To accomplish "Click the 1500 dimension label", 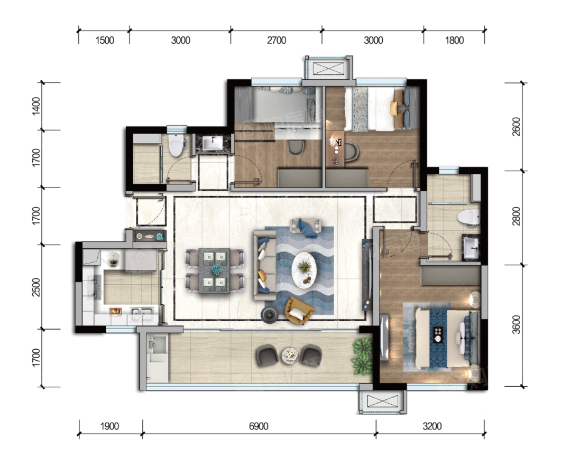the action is click(x=105, y=40).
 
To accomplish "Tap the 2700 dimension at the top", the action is click(x=277, y=40).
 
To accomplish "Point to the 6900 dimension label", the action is click(x=259, y=426).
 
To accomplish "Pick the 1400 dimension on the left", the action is click(x=36, y=106).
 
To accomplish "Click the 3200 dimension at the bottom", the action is click(x=432, y=426).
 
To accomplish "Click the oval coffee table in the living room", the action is click(x=305, y=270).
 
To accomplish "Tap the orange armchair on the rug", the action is click(x=299, y=310).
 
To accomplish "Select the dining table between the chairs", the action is click(x=214, y=270).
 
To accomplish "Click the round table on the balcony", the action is click(x=290, y=354).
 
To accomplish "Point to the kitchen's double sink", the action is click(x=142, y=314).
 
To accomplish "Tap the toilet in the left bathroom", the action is click(x=177, y=145).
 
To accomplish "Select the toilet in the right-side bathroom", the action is click(x=468, y=218).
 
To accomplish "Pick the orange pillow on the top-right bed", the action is click(x=393, y=108).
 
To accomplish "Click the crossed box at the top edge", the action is click(x=329, y=68).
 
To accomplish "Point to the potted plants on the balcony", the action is click(x=362, y=357).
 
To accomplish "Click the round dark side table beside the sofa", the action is click(x=270, y=315).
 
